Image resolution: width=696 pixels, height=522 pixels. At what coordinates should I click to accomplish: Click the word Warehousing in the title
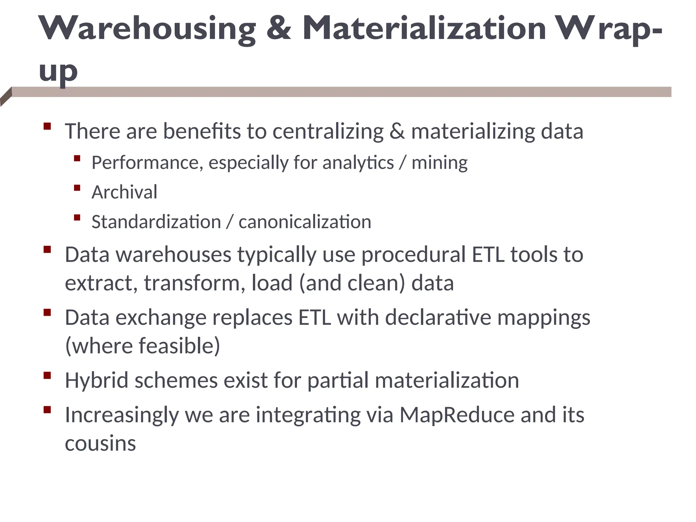click(147, 29)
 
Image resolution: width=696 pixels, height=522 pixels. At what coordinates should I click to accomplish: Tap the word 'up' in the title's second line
click(58, 72)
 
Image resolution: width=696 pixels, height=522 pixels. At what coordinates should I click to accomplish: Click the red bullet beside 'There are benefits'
click(47, 126)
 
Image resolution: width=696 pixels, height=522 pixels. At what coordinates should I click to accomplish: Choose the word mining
click(439, 162)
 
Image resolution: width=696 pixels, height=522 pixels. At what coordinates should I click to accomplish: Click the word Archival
click(124, 192)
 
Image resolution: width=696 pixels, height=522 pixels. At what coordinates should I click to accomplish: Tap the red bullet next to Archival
click(77, 188)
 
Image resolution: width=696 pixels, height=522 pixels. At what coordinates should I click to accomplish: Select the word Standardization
click(156, 222)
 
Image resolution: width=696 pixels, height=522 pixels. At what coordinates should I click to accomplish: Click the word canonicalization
click(305, 222)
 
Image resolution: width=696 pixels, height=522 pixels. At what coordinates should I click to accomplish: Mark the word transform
click(192, 283)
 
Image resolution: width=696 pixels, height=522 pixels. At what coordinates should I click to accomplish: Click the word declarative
click(438, 318)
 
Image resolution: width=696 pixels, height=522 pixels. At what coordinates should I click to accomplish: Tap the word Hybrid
click(97, 380)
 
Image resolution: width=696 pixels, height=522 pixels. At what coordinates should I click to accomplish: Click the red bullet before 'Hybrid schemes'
click(47, 376)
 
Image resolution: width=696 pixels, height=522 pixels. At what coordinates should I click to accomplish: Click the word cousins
click(100, 443)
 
